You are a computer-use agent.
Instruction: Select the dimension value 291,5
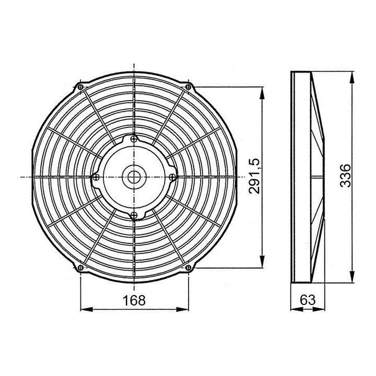(254, 177)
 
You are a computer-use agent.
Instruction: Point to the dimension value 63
(309, 300)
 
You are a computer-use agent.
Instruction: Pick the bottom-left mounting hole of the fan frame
(80, 268)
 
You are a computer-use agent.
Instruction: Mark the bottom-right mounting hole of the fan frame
(188, 268)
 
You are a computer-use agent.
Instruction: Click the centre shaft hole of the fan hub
(134, 177)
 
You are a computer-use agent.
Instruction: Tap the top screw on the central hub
(135, 139)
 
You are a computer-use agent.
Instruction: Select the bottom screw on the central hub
(134, 214)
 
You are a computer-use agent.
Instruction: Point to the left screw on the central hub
(96, 177)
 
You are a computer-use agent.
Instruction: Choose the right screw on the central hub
(173, 177)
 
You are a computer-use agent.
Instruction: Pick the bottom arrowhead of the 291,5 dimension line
(262, 265)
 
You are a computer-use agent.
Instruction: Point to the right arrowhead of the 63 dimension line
(324, 310)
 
